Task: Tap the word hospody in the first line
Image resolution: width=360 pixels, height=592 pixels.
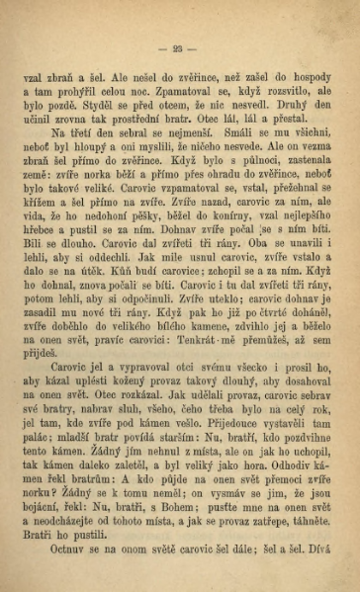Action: (x=311, y=75)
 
